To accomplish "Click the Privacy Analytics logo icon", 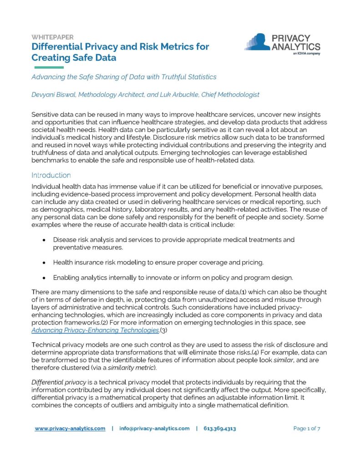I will tap(258, 42).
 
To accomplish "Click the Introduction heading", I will tap(51, 175).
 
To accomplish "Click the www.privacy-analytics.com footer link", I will tap(70, 429).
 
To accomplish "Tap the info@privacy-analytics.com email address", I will tap(154, 429).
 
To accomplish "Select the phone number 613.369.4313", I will tap(219, 429).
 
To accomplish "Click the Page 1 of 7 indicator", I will tap(307, 429).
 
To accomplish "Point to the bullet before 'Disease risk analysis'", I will tap(43, 240).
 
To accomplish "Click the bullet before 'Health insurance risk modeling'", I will tap(43, 263).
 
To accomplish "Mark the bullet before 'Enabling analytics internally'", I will tap(43, 278).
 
